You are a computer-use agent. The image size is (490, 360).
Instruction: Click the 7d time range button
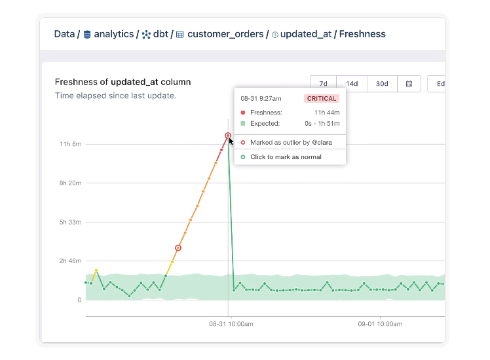[x=323, y=84]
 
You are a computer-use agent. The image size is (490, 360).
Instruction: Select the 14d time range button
[x=352, y=84]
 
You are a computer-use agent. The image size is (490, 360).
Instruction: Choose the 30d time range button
[x=382, y=84]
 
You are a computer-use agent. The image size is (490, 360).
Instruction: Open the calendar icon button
[x=409, y=84]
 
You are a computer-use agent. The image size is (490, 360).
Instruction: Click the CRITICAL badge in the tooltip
[x=322, y=99]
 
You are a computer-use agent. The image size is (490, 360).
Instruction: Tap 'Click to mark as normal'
[x=286, y=157]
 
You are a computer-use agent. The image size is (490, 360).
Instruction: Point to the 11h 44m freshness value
[x=327, y=113]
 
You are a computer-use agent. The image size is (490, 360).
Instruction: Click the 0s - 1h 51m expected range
[x=322, y=123]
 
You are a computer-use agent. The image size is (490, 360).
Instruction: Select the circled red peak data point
[x=228, y=135]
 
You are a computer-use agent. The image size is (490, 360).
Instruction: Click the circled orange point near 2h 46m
[x=178, y=248]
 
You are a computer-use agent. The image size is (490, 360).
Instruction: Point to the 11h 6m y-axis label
[x=70, y=144]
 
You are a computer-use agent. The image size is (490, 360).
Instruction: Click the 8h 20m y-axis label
[x=70, y=183]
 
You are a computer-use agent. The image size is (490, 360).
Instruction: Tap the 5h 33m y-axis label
[x=70, y=222]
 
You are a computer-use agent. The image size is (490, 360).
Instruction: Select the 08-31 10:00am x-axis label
[x=231, y=324]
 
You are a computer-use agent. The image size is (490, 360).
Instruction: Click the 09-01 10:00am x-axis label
[x=380, y=324]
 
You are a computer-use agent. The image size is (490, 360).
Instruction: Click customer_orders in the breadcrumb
[x=225, y=34]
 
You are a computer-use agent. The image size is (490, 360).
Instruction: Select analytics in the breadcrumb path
[x=114, y=34]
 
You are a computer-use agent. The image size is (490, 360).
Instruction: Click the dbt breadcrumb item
[x=160, y=34]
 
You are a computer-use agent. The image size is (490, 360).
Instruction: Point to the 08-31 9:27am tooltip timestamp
[x=261, y=99]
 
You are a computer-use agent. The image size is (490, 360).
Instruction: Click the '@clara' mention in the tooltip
[x=322, y=143]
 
